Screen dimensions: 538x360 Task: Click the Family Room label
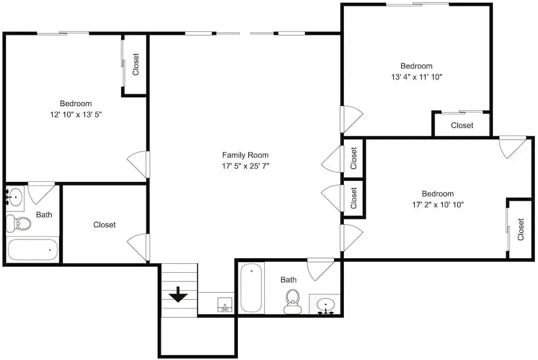click(245, 155)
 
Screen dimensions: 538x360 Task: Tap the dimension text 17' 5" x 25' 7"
click(245, 166)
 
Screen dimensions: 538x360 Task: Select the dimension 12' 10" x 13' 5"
click(76, 115)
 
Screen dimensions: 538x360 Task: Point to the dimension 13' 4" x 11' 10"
click(416, 77)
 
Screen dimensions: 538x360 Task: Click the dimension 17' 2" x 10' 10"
click(438, 205)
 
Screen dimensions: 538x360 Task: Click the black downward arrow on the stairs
click(178, 295)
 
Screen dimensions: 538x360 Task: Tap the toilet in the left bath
click(18, 224)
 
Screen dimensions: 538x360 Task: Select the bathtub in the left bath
click(33, 250)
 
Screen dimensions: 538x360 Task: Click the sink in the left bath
click(15, 196)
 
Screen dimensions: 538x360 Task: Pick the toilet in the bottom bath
click(292, 301)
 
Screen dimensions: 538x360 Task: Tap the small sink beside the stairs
click(225, 305)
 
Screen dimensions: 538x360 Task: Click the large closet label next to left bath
click(105, 225)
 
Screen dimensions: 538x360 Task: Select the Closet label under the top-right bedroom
click(462, 125)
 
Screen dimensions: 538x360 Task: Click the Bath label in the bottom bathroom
click(288, 280)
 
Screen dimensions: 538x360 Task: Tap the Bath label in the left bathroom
click(44, 215)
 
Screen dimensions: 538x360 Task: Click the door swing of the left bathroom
click(41, 193)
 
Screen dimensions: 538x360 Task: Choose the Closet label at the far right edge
click(521, 229)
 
